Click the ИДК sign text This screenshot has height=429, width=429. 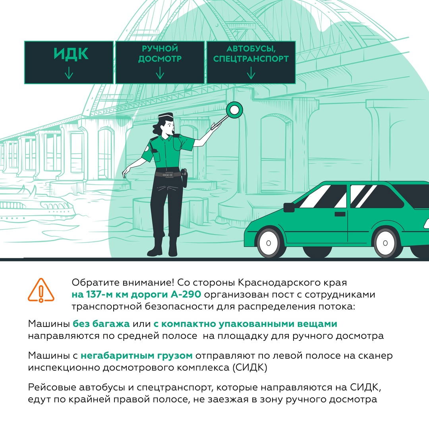[x=71, y=54]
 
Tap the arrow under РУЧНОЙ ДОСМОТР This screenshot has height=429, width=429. [x=160, y=73]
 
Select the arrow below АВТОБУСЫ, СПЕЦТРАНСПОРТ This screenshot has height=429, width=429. [x=251, y=73]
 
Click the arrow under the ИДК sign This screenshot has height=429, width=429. [x=69, y=73]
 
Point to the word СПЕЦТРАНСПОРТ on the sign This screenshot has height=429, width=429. [x=251, y=59]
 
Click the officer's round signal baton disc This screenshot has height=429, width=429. [x=234, y=110]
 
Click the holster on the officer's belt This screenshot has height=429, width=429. [x=184, y=178]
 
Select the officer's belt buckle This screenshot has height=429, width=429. [x=168, y=174]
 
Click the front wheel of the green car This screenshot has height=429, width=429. [x=269, y=243]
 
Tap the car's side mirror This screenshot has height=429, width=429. [x=289, y=207]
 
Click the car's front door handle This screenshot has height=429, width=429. [x=340, y=214]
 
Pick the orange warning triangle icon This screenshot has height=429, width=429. [x=41, y=290]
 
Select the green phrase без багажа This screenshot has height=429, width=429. [x=101, y=324]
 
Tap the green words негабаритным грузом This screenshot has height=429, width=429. [x=137, y=356]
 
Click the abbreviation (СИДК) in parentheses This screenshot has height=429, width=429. [x=250, y=367]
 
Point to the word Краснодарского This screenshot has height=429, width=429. [x=276, y=282]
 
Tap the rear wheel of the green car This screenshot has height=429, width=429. [x=385, y=243]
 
